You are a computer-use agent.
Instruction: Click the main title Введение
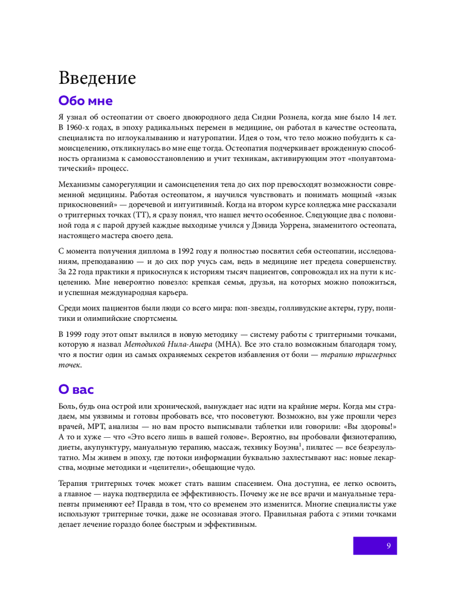click(97, 78)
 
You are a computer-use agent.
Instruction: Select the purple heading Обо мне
click(85, 100)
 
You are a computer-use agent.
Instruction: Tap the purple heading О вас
click(76, 390)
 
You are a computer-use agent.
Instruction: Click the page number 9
click(388, 546)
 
